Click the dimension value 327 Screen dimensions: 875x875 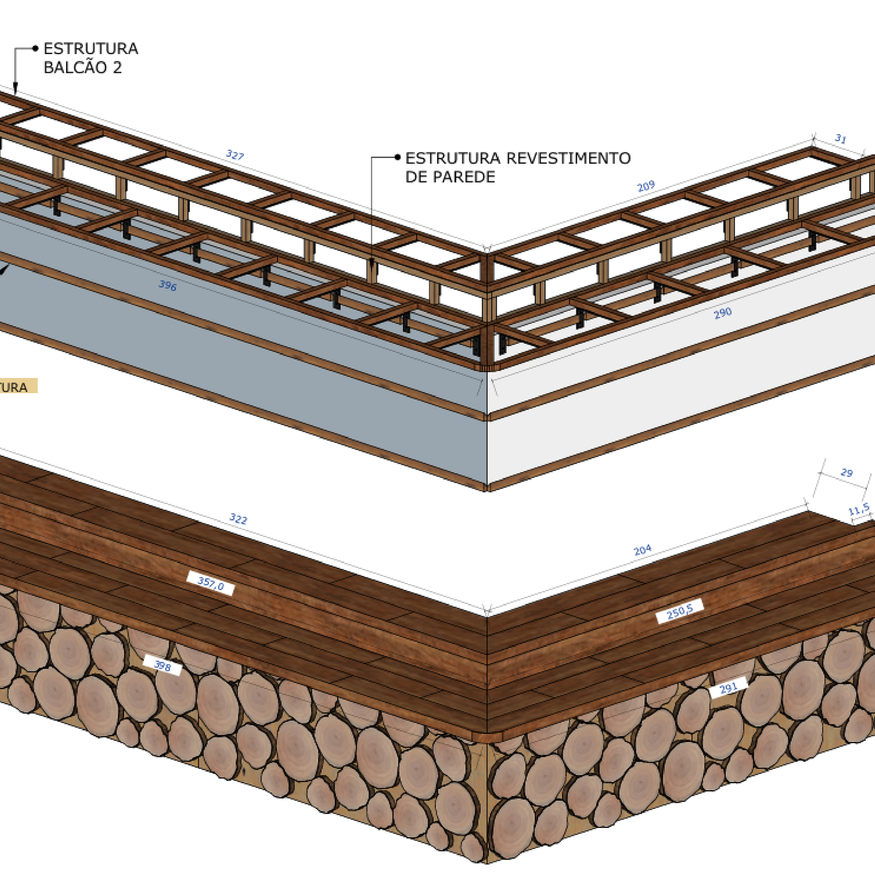pyautogui.click(x=235, y=155)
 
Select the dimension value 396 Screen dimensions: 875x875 pyautogui.click(x=168, y=285)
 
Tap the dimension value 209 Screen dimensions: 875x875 pyautogui.click(x=646, y=186)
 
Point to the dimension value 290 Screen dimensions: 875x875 pyautogui.click(x=722, y=313)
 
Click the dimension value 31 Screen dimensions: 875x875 pyautogui.click(x=841, y=139)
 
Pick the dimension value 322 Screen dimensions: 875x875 pyautogui.click(x=238, y=518)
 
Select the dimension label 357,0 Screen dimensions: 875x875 pyautogui.click(x=211, y=584)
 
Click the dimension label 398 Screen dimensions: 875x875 pyautogui.click(x=162, y=666)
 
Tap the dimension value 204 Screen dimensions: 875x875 pyautogui.click(x=643, y=550)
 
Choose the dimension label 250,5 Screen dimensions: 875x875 pyautogui.click(x=679, y=611)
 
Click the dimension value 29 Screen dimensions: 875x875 pyautogui.click(x=847, y=472)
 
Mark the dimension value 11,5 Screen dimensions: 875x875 pyautogui.click(x=859, y=510)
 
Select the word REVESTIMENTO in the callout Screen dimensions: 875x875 pyautogui.click(x=568, y=159)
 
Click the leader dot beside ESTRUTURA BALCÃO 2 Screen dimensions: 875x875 pyautogui.click(x=36, y=49)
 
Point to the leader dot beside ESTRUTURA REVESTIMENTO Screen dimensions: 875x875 pyautogui.click(x=398, y=157)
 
